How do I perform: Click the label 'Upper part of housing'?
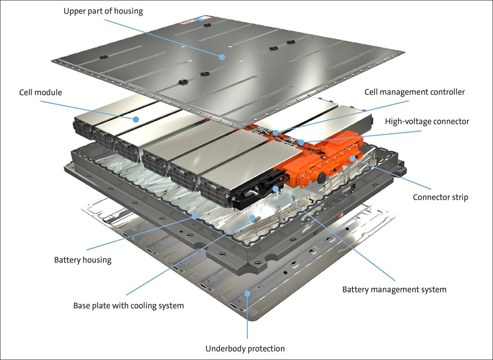103,11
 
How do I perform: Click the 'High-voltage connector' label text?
427,121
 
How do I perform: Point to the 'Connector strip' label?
440,197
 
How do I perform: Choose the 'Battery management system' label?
394,289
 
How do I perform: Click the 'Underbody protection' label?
245,349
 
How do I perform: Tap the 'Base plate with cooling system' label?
129,306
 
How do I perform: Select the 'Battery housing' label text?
82,260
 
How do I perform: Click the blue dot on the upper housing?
222,57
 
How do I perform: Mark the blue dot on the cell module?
136,119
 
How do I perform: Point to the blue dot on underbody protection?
247,294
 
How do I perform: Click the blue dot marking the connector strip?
352,158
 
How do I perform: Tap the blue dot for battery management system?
276,189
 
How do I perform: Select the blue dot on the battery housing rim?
195,217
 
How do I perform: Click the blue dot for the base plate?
252,218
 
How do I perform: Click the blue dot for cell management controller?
276,133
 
